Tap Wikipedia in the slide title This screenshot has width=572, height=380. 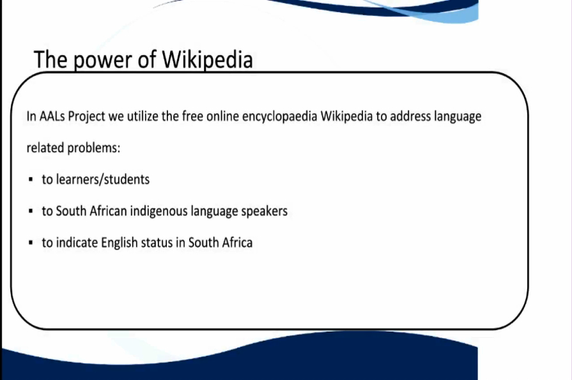[207, 59]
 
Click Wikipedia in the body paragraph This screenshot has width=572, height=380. [346, 117]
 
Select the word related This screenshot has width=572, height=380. [45, 148]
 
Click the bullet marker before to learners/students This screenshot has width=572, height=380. [30, 180]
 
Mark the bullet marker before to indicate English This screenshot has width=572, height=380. [30, 243]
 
